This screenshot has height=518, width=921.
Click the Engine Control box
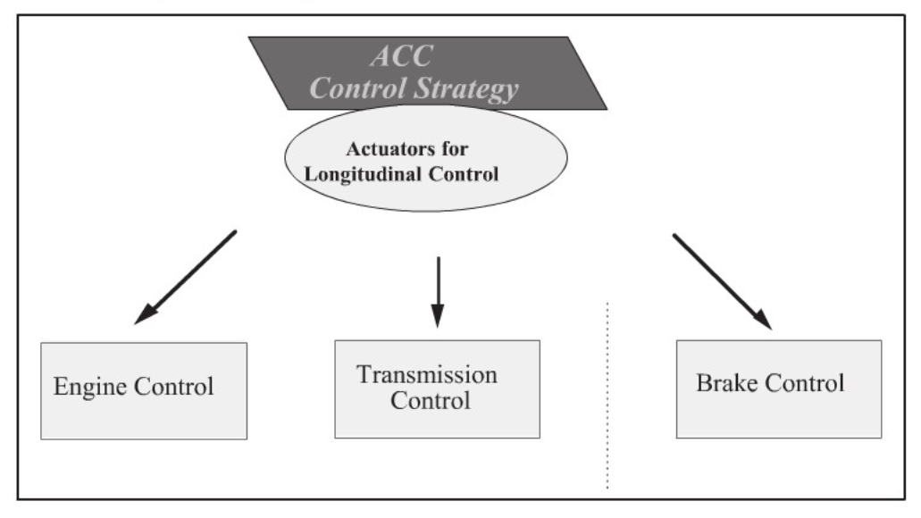tap(146, 390)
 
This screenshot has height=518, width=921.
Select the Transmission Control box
tap(437, 388)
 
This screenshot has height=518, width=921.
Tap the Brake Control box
tap(778, 388)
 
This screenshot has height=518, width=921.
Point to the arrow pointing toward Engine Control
tap(186, 277)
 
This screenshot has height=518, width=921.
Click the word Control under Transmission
tap(436, 400)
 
